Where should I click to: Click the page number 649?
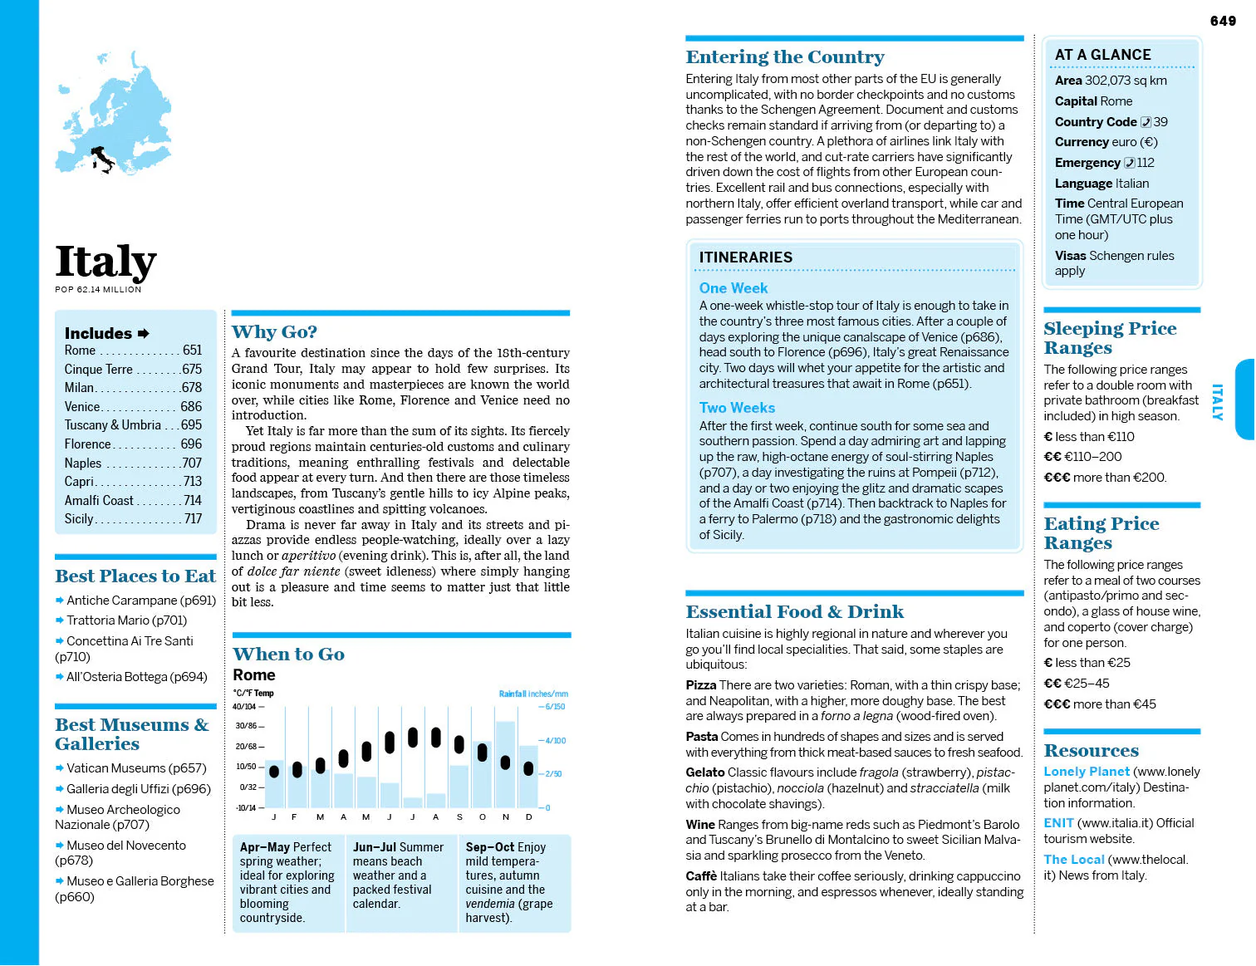[x=1223, y=21]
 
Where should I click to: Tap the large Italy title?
[x=105, y=262]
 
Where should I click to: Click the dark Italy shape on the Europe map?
[x=103, y=158]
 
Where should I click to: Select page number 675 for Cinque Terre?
[x=192, y=369]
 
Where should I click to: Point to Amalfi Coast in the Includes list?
[x=99, y=500]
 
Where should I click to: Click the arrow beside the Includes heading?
[x=144, y=333]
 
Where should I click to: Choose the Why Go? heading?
[x=274, y=332]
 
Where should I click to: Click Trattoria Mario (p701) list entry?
[x=126, y=620]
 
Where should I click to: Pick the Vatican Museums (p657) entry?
[x=136, y=768]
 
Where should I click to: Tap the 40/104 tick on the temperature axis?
[x=245, y=707]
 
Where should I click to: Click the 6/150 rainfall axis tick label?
[x=555, y=707]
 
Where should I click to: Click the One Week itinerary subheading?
[x=733, y=288]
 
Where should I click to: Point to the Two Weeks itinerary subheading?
[x=737, y=408]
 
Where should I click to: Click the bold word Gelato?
[x=704, y=772]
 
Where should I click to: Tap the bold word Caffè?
[x=701, y=876]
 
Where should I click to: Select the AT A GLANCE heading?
[x=1102, y=55]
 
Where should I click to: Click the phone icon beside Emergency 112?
[x=1130, y=163]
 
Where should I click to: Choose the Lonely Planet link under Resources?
[x=1087, y=772]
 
